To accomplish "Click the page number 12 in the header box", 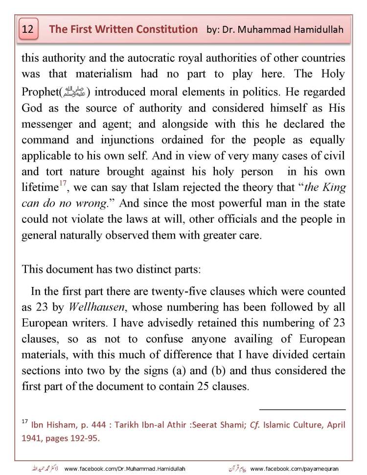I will click(28, 29).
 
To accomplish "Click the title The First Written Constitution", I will click(123, 29).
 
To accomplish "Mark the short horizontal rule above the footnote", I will click(302, 408).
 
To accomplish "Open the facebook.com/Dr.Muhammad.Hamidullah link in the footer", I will click(125, 469).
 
